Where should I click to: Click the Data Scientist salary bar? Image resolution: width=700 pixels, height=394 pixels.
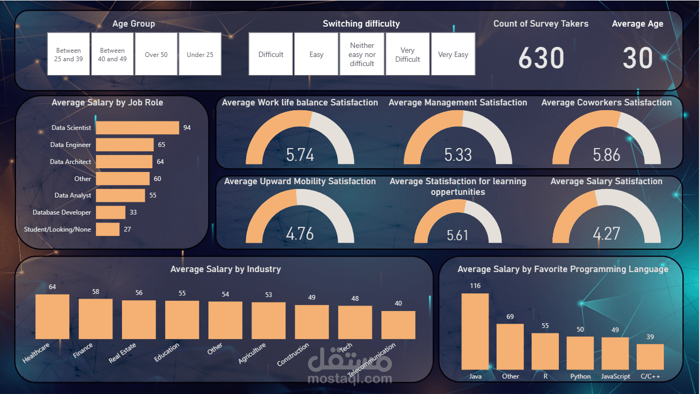pyautogui.click(x=137, y=128)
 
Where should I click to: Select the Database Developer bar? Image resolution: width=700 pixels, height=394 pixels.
pyautogui.click(x=110, y=212)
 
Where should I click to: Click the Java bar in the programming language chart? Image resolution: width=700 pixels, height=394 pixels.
pyautogui.click(x=475, y=331)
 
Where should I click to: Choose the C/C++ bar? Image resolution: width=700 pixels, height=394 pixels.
pyautogui.click(x=650, y=357)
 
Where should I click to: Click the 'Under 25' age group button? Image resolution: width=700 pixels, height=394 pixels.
pyautogui.click(x=200, y=54)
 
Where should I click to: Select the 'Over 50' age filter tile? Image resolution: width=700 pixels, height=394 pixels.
pyautogui.click(x=156, y=54)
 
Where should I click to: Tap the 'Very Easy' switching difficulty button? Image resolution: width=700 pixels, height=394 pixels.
pyautogui.click(x=453, y=54)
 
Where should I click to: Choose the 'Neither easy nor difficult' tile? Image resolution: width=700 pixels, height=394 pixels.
pyautogui.click(x=362, y=54)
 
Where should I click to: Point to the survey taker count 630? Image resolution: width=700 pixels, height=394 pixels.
pyautogui.click(x=541, y=58)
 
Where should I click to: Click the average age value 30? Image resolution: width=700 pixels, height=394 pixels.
pyautogui.click(x=638, y=58)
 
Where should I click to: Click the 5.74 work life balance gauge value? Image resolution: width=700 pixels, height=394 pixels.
pyautogui.click(x=300, y=154)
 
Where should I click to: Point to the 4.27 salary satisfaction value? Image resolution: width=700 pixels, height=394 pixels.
pyautogui.click(x=607, y=233)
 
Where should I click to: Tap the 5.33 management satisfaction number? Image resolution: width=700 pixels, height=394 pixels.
pyautogui.click(x=458, y=154)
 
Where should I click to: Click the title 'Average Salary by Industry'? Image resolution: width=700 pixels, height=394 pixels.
pyautogui.click(x=225, y=269)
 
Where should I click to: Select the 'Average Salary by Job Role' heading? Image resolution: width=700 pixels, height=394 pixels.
pyautogui.click(x=107, y=102)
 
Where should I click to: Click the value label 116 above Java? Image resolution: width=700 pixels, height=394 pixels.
pyautogui.click(x=475, y=286)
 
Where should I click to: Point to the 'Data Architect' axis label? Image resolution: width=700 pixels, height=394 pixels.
pyautogui.click(x=70, y=162)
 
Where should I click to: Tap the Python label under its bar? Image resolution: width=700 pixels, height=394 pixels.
pyautogui.click(x=580, y=376)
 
